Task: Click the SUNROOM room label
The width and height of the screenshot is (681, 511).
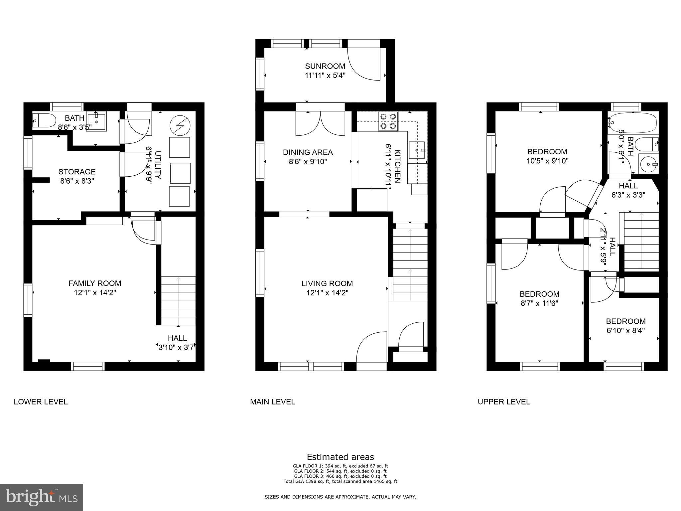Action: click(325, 66)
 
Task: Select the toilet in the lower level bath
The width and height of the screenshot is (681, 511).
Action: click(45, 121)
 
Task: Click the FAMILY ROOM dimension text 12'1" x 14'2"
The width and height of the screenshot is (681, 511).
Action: click(94, 293)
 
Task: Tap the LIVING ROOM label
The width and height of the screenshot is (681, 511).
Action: click(327, 283)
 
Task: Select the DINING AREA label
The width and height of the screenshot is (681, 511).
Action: click(308, 152)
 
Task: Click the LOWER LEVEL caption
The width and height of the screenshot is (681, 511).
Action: click(41, 402)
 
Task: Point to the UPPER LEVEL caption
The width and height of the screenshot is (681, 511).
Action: click(503, 402)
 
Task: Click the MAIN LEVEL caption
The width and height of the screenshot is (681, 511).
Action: click(272, 402)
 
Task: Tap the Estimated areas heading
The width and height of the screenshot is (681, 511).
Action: click(340, 457)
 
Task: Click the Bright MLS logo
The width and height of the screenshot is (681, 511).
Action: click(42, 497)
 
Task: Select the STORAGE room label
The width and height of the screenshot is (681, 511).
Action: click(77, 172)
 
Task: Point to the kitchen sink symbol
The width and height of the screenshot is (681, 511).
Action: click(417, 150)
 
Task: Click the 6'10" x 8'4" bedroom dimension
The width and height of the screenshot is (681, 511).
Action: click(625, 331)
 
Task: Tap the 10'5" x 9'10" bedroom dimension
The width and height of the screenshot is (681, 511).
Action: click(547, 161)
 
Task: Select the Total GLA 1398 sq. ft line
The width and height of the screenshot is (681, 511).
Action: click(340, 481)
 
